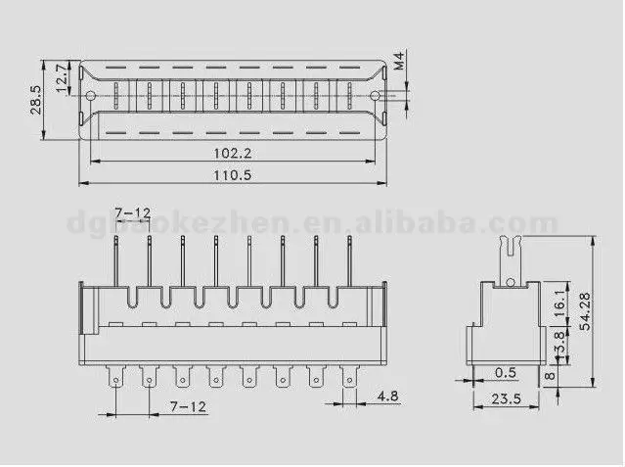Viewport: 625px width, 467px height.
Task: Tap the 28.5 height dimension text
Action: click(36, 100)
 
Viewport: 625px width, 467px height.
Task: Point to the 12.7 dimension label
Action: click(60, 78)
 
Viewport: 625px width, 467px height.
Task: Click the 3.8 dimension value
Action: click(558, 343)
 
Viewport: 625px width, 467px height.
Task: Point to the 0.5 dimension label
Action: click(506, 372)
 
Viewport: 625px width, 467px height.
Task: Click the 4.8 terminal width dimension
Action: click(386, 397)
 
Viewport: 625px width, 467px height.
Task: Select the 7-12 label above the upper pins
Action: click(132, 213)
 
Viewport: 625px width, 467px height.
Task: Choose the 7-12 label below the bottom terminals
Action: click(188, 404)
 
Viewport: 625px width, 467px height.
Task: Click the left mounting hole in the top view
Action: click(90, 96)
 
